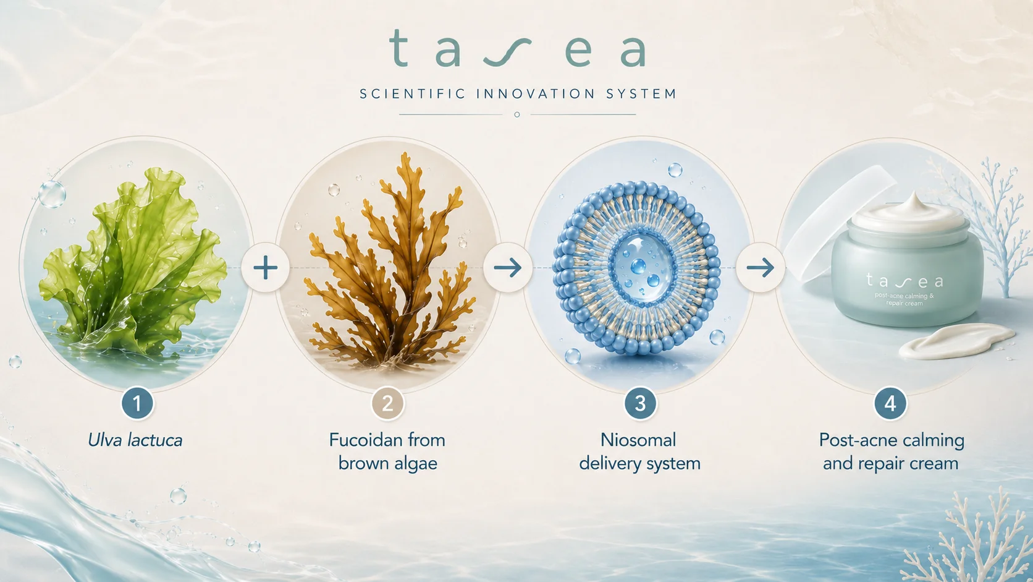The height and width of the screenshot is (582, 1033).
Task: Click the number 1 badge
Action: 137,403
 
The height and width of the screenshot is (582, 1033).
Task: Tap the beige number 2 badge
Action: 387,403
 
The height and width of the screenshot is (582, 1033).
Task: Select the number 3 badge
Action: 640,403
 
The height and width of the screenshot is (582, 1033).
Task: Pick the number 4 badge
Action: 890,403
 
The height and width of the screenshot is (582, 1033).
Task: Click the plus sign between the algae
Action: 266,268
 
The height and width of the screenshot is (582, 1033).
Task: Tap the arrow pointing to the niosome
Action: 508,268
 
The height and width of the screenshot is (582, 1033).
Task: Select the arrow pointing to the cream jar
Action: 760,268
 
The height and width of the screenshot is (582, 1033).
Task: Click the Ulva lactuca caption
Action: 135,440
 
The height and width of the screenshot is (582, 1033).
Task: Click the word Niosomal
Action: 638,440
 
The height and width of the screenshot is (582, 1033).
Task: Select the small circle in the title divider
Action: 517,114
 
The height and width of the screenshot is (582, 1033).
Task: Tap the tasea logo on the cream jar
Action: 904,280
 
